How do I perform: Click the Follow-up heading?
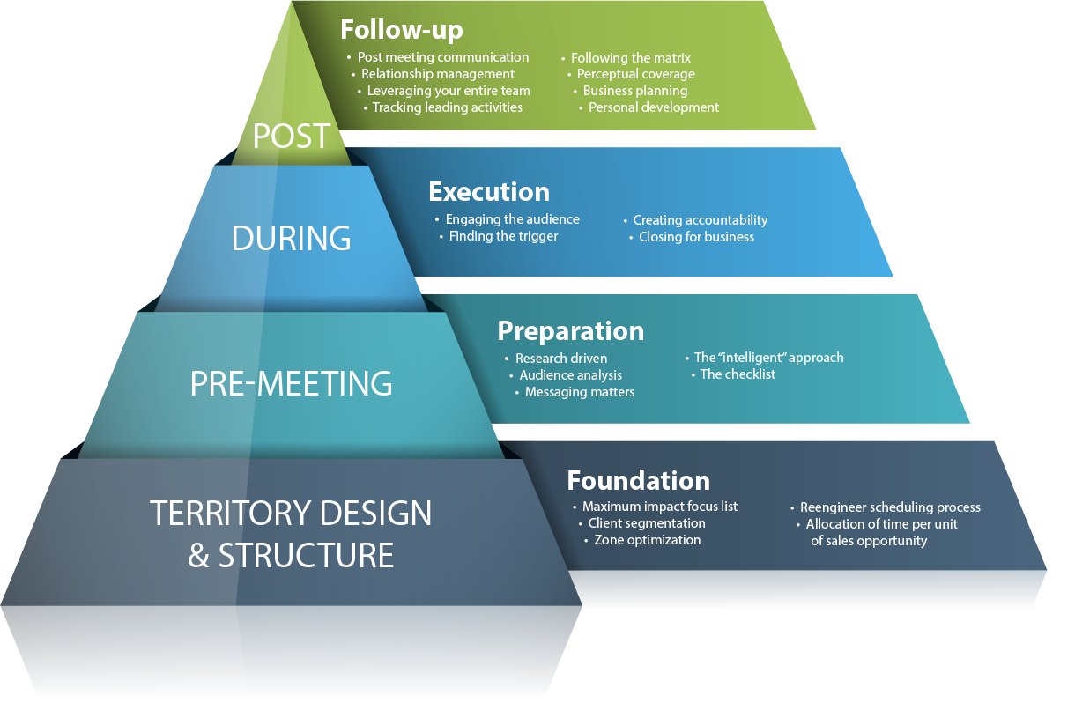click(402, 30)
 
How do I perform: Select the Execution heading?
click(489, 192)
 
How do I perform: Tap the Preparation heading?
click(571, 331)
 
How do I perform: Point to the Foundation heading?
click(638, 480)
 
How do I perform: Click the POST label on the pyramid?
click(292, 137)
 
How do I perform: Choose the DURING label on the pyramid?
click(292, 238)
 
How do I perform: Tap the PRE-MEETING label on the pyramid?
click(292, 383)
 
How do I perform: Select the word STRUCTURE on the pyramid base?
click(306, 555)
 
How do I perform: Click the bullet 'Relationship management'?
click(438, 74)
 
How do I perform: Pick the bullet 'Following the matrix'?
click(631, 58)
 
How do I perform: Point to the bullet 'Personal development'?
click(654, 107)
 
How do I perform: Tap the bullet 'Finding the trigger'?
click(503, 236)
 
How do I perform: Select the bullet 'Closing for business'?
click(696, 237)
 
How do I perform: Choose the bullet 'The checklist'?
click(738, 374)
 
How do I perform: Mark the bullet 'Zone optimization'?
click(648, 540)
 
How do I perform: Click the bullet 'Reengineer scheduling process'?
click(890, 507)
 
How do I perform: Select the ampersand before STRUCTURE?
click(198, 555)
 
